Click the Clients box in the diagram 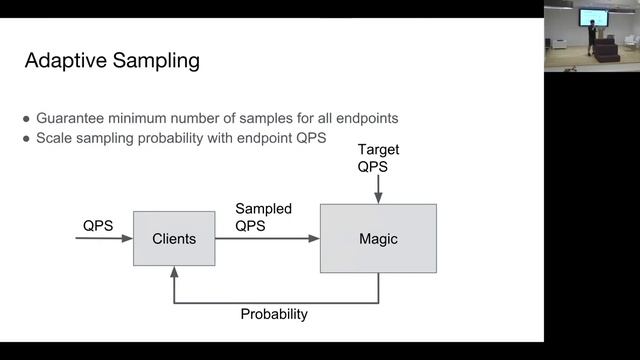pos(174,239)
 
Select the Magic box pos(378,239)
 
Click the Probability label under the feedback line pos(274,314)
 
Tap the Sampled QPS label pos(263,217)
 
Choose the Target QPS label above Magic pos(378,158)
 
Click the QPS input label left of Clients pos(97,226)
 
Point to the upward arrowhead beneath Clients pos(174,271)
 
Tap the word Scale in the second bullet pos(56,138)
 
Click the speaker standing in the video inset pos(591,37)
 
